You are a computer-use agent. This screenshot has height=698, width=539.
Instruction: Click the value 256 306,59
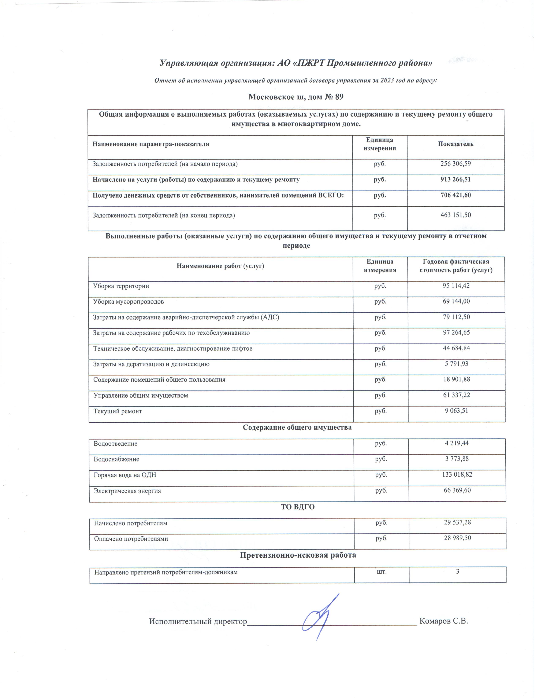click(455, 164)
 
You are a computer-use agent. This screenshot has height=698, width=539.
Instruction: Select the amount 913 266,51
click(455, 180)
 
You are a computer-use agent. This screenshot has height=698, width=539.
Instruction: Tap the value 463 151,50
click(455, 215)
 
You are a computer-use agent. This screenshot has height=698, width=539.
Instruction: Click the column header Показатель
click(455, 144)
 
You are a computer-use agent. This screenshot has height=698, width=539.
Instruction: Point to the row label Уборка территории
click(121, 286)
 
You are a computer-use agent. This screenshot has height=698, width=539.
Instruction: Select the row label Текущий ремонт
click(118, 411)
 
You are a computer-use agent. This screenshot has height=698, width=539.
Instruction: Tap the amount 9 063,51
click(456, 411)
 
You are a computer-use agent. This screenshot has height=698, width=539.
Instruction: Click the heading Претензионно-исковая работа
click(298, 555)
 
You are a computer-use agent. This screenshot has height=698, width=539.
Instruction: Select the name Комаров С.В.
click(443, 621)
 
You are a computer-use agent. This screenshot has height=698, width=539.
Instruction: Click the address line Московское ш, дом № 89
click(296, 97)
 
